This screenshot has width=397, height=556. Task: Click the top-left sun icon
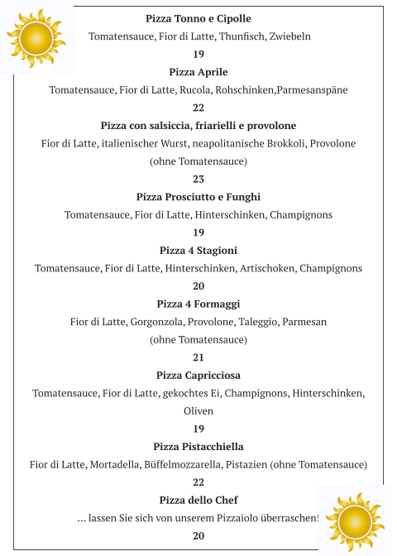(35, 37)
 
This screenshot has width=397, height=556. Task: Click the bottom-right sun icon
(356, 521)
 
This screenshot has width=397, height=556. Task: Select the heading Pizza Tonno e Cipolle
(198, 18)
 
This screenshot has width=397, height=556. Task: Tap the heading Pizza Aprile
(198, 72)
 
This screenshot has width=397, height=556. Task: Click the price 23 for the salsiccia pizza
(198, 179)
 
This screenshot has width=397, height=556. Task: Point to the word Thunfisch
(243, 36)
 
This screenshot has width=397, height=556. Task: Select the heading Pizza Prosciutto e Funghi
(198, 197)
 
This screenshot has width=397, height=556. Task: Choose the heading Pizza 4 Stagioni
(198, 251)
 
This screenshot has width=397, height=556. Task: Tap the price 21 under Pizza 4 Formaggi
(198, 357)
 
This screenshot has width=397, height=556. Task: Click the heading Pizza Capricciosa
(198, 376)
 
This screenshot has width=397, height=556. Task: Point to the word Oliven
(198, 410)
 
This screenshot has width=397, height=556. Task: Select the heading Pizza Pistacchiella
(198, 447)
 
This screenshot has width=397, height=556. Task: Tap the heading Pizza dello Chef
(198, 501)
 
